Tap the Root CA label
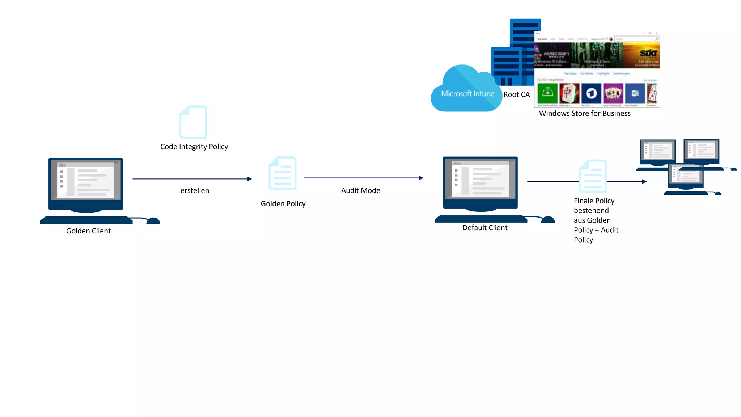point(516,94)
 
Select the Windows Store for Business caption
point(584,113)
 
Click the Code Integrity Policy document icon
point(193,122)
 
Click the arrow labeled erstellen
point(192,179)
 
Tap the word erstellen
point(195,190)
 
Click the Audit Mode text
point(360,190)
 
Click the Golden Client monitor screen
point(86,180)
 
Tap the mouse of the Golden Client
point(153,221)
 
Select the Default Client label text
point(485,228)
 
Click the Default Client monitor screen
point(480,179)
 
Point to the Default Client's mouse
point(548,219)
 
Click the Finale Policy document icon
point(593,176)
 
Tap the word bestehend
point(591,211)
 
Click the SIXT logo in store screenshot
point(648,54)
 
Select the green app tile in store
point(547,93)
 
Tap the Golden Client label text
point(88,231)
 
